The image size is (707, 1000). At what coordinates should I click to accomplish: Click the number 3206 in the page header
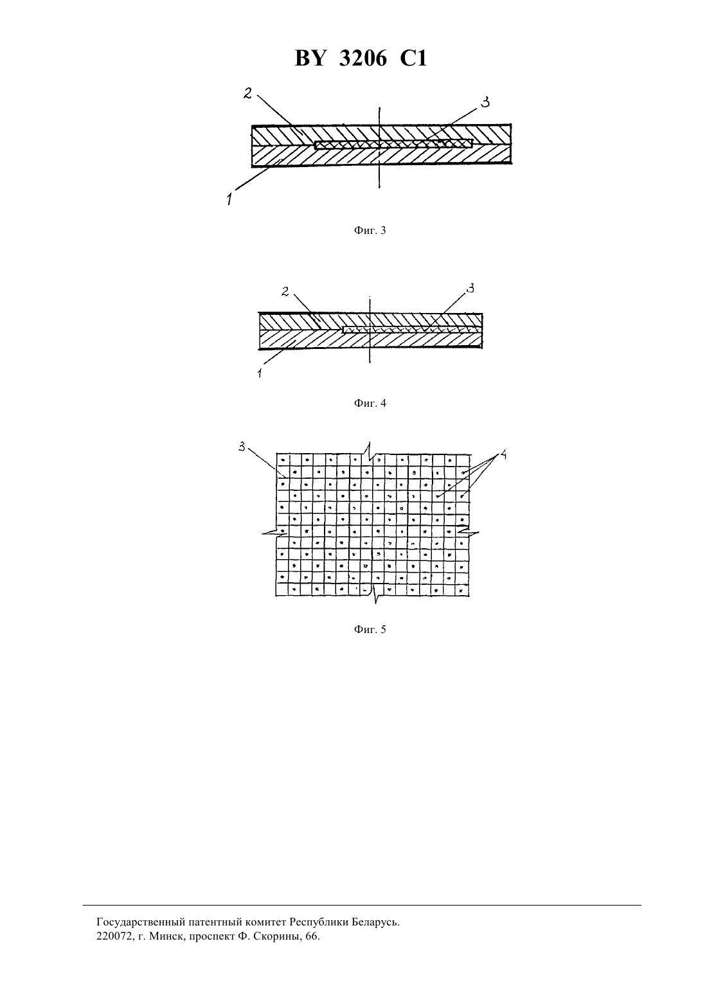(x=363, y=58)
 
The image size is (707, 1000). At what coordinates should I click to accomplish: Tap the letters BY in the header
(x=310, y=58)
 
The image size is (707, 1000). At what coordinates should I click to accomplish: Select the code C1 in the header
(x=413, y=58)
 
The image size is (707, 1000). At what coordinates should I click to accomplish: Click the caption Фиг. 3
(x=370, y=230)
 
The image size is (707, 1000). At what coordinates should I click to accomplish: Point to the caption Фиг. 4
(x=370, y=403)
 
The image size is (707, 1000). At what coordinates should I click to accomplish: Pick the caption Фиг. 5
(x=370, y=629)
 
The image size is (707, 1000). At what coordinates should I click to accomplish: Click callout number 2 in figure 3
(x=247, y=93)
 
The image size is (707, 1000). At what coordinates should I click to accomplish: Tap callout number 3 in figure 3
(x=485, y=102)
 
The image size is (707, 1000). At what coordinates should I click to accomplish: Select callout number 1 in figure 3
(x=229, y=198)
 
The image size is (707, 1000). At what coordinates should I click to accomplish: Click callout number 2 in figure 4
(x=285, y=292)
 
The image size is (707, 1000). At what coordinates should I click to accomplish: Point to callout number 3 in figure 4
(x=470, y=289)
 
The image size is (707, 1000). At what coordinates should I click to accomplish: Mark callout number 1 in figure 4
(x=260, y=373)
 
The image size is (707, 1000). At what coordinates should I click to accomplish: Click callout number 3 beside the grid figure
(x=242, y=446)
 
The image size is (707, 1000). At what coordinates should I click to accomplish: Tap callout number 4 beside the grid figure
(x=502, y=454)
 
